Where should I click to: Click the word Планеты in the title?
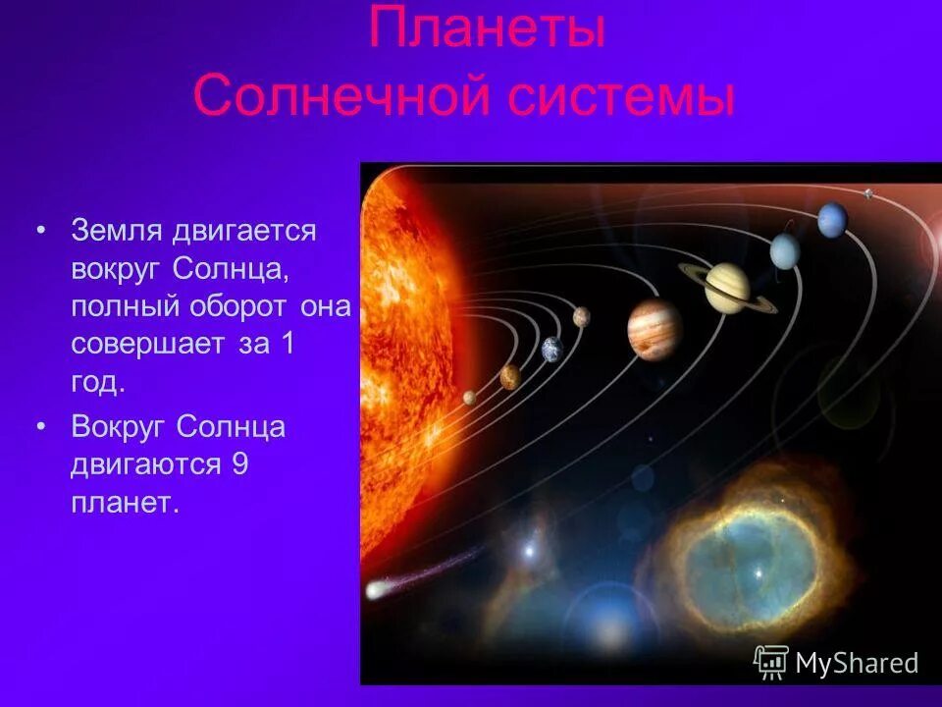(486, 30)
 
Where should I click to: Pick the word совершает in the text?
(146, 345)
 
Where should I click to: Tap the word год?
(97, 383)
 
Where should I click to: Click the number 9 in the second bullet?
(238, 464)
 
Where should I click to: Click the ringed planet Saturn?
(727, 288)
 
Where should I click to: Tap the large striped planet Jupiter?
(654, 327)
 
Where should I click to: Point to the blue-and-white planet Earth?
(551, 348)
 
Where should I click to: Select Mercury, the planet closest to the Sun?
(469, 397)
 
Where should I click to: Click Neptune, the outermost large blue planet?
(832, 219)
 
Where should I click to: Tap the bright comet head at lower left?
(377, 590)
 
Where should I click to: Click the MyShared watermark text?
(856, 663)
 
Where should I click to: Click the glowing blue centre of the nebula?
(756, 570)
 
